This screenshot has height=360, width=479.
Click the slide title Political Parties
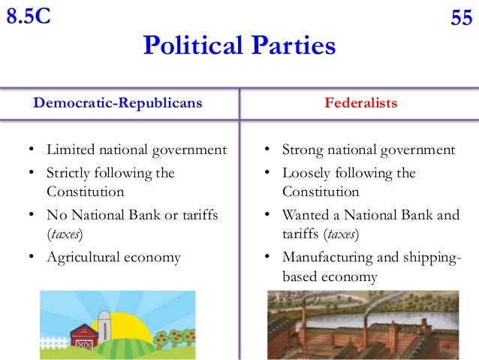[239, 47]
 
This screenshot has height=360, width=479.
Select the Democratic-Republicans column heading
[118, 102]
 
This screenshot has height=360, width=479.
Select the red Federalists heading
[360, 102]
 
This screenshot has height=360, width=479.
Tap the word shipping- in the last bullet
[431, 257]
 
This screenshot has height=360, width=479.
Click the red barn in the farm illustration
[83, 336]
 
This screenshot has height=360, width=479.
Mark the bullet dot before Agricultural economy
[32, 258]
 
